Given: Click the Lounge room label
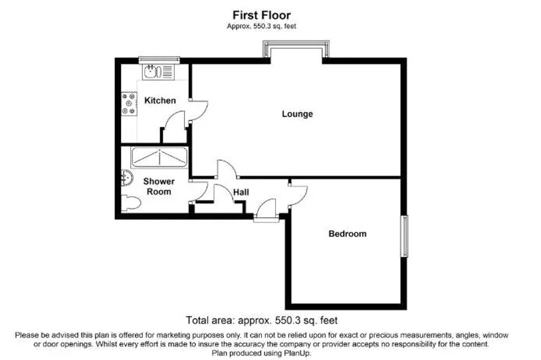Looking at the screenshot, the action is pos(297,114).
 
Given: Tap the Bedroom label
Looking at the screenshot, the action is pos(348,234).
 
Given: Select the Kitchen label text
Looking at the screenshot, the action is pos(160,101).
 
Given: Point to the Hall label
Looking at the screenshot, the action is pos(241,193).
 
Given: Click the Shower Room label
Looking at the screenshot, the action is pos(159,186).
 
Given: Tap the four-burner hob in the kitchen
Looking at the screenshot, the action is pos(129,104).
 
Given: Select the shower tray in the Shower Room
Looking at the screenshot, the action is pos(160,157).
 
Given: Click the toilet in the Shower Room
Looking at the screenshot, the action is pos(130,203).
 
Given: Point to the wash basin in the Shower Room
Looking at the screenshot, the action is pos(127,178).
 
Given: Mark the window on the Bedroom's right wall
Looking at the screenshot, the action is pos(404,236).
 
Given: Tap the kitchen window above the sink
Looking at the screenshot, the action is pos(159,60).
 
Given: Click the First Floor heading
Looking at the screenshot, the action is pos(262,15).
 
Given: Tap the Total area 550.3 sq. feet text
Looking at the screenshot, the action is pos(262,320).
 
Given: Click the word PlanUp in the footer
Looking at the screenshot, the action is pos(297,353).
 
